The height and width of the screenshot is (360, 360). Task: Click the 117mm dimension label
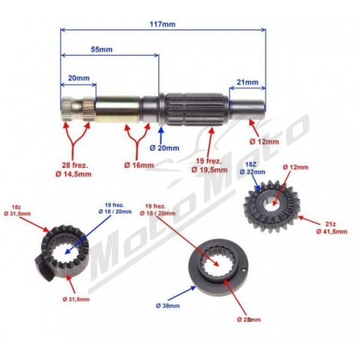click(163, 24)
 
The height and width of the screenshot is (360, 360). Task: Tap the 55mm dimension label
click(102, 49)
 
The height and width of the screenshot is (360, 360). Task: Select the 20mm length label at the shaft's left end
click(79, 78)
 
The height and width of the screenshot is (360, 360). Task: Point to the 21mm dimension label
click(247, 82)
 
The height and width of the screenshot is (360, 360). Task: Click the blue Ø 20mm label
click(164, 148)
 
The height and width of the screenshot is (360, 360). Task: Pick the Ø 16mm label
click(139, 165)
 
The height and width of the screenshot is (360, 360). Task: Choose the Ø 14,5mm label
click(73, 174)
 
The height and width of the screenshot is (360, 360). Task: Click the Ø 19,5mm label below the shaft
click(209, 170)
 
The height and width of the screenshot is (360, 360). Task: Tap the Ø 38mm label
click(168, 305)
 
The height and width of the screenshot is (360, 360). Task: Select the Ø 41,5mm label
click(332, 232)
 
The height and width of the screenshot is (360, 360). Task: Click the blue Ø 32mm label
click(253, 172)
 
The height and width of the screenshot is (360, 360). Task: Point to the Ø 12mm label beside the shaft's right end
click(265, 142)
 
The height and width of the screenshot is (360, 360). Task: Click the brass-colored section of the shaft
click(118, 109)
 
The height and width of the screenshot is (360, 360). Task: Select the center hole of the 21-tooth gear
click(273, 204)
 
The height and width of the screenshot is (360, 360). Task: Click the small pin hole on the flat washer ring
click(244, 270)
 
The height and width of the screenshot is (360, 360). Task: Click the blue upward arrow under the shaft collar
click(161, 135)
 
